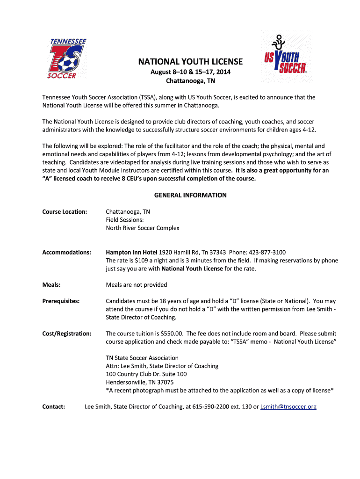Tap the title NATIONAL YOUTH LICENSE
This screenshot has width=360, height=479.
pos(190,62)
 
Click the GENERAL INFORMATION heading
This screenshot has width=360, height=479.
pos(190,195)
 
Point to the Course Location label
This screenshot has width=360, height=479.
pos(65,211)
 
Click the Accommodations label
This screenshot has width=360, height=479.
pos(67,252)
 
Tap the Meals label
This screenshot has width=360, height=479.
pos(51,284)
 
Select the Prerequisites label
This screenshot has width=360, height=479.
pos(61,301)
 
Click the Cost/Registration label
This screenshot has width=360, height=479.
pos(67,334)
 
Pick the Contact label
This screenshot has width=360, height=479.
pos(54,406)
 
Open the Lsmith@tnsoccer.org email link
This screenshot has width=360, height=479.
pos(288,406)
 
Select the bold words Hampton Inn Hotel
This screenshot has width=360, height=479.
pos(132,252)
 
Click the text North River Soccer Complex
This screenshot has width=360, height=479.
pos(143,228)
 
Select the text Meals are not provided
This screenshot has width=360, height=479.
pos(137,284)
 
